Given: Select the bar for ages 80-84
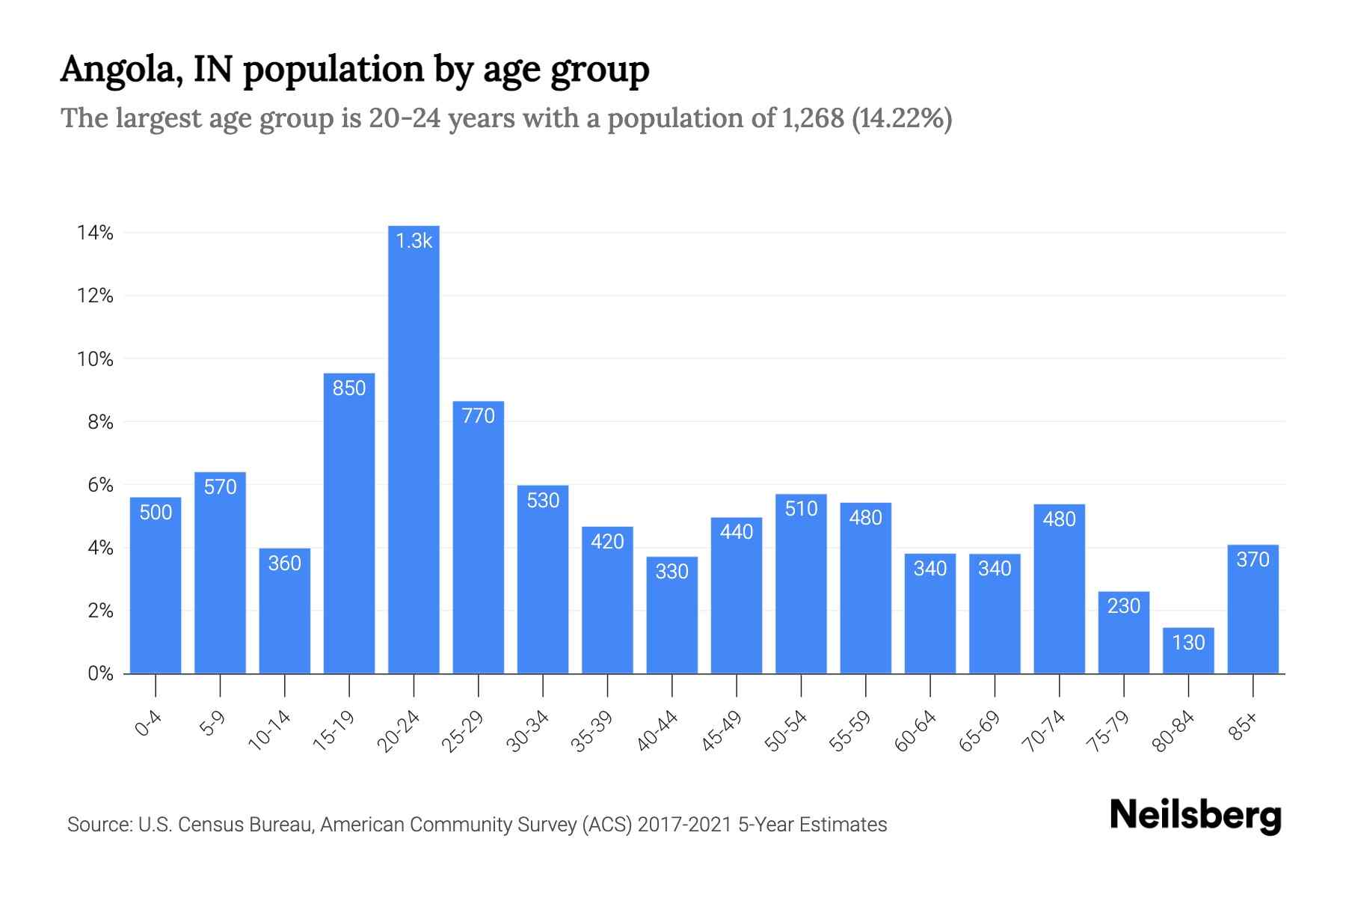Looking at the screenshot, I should click(1188, 651).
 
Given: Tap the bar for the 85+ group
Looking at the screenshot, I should click(1253, 610).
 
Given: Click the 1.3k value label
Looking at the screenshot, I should click(414, 241).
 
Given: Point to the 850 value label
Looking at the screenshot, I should click(349, 388).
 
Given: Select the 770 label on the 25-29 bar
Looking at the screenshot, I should click(479, 416).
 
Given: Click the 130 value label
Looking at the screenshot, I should click(1188, 643).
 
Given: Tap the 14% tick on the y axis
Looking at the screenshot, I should click(95, 233).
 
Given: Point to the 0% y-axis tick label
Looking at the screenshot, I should click(100, 674).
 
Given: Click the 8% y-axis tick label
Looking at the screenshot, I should click(100, 423).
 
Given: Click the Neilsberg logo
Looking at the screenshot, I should click(1195, 816).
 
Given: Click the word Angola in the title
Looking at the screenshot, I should click(120, 70).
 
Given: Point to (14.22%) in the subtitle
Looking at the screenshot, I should click(902, 118).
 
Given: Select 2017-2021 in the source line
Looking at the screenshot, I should click(684, 825).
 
